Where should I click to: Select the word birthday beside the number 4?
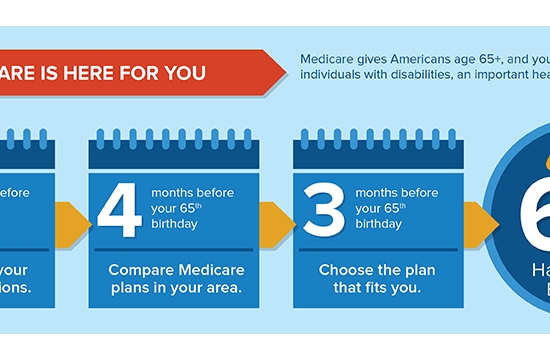(174, 224)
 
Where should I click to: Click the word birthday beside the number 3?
(378, 224)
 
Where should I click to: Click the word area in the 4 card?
(226, 290)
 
